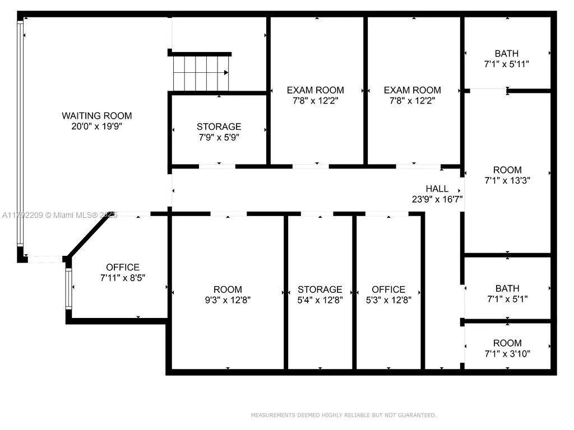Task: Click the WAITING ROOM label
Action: [x=97, y=116]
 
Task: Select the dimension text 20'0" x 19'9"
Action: [x=97, y=127]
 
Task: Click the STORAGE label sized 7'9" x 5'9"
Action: [x=219, y=127]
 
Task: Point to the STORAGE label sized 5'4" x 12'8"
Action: [x=320, y=289]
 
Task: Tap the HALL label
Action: [x=437, y=189]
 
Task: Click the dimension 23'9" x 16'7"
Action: [x=437, y=199]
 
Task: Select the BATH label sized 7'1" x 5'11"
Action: [x=506, y=54]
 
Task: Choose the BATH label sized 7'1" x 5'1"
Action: [x=507, y=288]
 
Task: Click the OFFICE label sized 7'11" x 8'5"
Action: [x=123, y=268]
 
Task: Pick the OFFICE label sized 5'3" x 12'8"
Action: [x=388, y=289]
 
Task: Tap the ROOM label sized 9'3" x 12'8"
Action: [x=228, y=289]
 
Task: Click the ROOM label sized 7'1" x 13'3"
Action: [x=507, y=170]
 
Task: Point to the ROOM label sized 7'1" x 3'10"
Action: [x=507, y=343]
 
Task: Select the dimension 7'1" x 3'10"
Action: [x=507, y=353]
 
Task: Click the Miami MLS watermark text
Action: [x=60, y=215]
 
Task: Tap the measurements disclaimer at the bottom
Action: [x=343, y=415]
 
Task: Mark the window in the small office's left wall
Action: [x=69, y=288]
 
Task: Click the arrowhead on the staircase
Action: [x=226, y=72]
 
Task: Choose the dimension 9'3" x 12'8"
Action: [x=228, y=300]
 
